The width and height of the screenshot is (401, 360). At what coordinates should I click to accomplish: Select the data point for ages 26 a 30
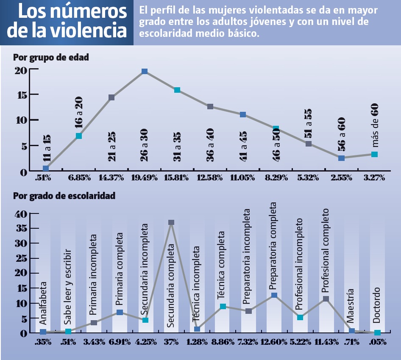coord(145,72)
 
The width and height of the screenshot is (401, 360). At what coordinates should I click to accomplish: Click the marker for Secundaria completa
coord(171,222)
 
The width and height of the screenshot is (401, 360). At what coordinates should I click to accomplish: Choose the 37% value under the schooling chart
coord(171,342)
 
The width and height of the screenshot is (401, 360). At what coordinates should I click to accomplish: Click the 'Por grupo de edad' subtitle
coord(51,57)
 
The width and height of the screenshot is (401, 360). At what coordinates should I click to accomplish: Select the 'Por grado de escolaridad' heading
coord(64,196)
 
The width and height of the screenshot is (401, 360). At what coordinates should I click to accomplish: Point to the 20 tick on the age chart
coord(21,70)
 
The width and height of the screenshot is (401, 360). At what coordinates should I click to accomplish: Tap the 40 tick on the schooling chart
coord(21,214)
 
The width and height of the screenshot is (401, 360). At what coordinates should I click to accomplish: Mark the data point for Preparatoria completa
coord(274,295)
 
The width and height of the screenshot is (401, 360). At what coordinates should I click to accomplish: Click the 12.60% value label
coord(274,342)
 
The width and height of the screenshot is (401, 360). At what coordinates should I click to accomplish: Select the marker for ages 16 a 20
coord(79,136)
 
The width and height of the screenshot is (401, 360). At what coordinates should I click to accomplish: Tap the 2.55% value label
coord(341,178)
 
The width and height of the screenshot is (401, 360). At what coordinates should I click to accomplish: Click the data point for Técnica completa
coord(223,306)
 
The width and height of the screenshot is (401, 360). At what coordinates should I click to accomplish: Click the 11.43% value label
coord(326,342)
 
